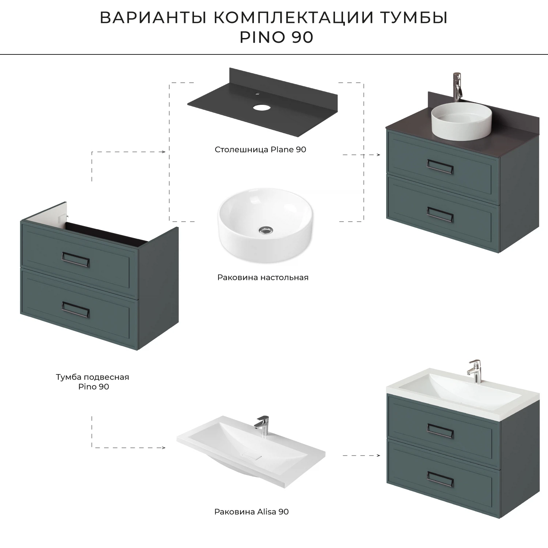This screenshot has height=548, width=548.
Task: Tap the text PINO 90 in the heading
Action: click(276, 38)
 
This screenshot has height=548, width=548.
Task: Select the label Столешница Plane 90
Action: click(260, 149)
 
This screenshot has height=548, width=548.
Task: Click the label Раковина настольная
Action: click(263, 277)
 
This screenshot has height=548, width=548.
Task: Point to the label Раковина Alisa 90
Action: click(251, 511)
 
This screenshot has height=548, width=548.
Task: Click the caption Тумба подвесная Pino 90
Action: click(93, 381)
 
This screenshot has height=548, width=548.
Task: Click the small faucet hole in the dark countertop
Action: click(257, 94)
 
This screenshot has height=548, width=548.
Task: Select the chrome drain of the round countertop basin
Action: click(266, 230)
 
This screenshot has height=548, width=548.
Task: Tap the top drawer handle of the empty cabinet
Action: click(76, 259)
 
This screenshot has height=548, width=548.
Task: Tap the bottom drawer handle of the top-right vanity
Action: click(440, 214)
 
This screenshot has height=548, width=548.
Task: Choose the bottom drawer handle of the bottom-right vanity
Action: click(440, 479)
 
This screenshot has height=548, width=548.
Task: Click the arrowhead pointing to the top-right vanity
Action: click(378, 155)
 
